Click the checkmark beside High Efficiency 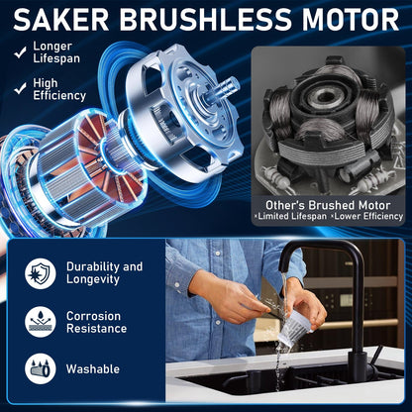coord(18,90)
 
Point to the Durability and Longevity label coord(104,273)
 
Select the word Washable coord(93,369)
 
